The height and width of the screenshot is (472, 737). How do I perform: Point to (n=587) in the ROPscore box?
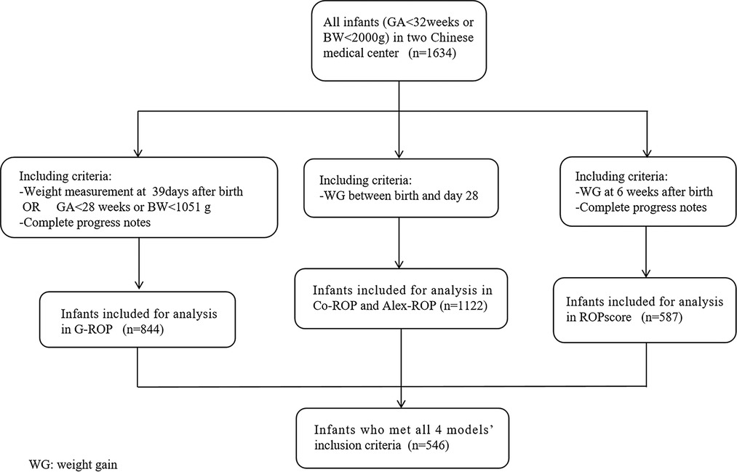tap(662, 317)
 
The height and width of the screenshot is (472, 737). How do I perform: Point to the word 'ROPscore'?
tap(608, 317)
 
